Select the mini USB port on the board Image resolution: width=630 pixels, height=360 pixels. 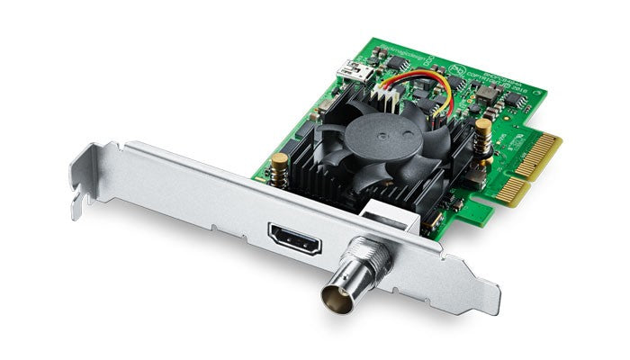(x=346, y=65)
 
